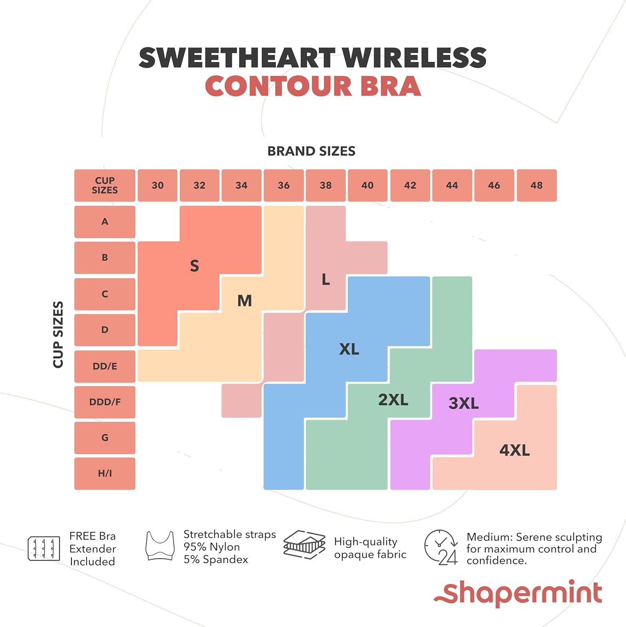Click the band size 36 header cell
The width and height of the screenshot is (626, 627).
284,185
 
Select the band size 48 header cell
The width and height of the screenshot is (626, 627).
537,185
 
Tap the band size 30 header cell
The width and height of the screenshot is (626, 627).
157,185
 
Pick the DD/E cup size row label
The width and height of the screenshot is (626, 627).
105,366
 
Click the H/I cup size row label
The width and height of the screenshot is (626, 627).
105,473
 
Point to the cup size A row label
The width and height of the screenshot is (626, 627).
105,222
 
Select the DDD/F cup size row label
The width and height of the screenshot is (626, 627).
105,402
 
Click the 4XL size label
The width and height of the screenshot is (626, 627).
514,450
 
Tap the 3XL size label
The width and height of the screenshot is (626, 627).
464,403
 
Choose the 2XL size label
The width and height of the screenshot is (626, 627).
393,400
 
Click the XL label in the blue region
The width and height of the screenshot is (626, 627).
349,349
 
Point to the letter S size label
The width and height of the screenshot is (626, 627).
194,266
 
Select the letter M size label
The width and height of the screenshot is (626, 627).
244,301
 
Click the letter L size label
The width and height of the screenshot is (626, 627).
326,279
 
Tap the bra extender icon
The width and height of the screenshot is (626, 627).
43,548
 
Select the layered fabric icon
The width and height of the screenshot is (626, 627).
304,545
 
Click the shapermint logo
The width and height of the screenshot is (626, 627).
518,593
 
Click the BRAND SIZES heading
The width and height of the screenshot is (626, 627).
311,151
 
